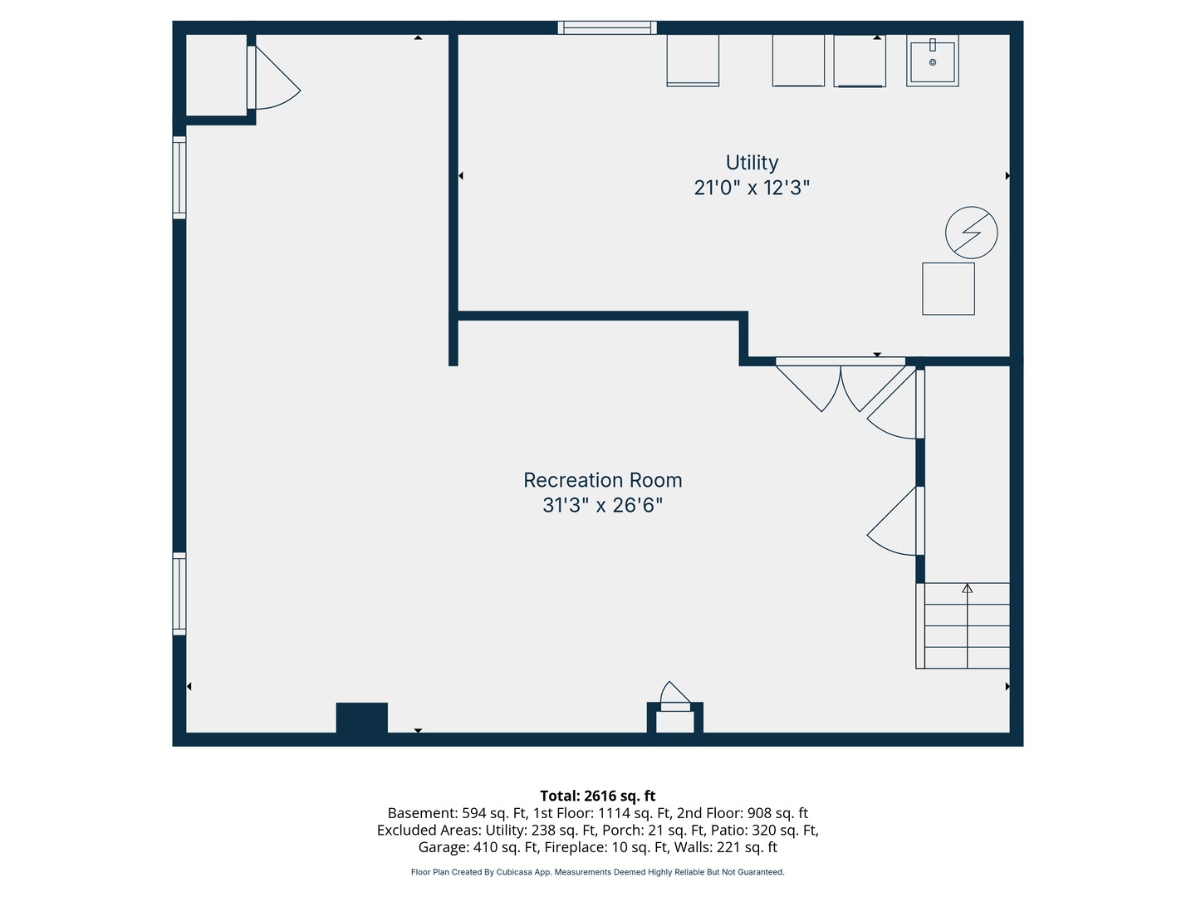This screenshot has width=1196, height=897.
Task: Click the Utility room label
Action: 752,163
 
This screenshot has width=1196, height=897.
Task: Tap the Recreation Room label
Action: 603,480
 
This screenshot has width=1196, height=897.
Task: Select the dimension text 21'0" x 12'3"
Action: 752,188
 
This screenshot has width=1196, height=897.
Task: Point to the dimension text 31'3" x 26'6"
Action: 603,506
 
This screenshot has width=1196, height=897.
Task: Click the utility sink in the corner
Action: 932,61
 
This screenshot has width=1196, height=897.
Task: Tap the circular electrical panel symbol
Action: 971,233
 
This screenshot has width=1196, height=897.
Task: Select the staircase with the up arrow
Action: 963,625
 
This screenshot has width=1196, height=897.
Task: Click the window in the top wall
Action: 607,27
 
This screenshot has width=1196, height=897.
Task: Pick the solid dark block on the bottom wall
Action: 362,718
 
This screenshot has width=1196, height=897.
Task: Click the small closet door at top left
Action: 273,77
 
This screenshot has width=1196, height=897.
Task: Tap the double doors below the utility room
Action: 841,385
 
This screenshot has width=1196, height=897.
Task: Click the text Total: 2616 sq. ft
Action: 598,796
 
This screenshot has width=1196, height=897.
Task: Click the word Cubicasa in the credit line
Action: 514,872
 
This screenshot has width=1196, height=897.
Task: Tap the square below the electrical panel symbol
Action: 948,289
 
